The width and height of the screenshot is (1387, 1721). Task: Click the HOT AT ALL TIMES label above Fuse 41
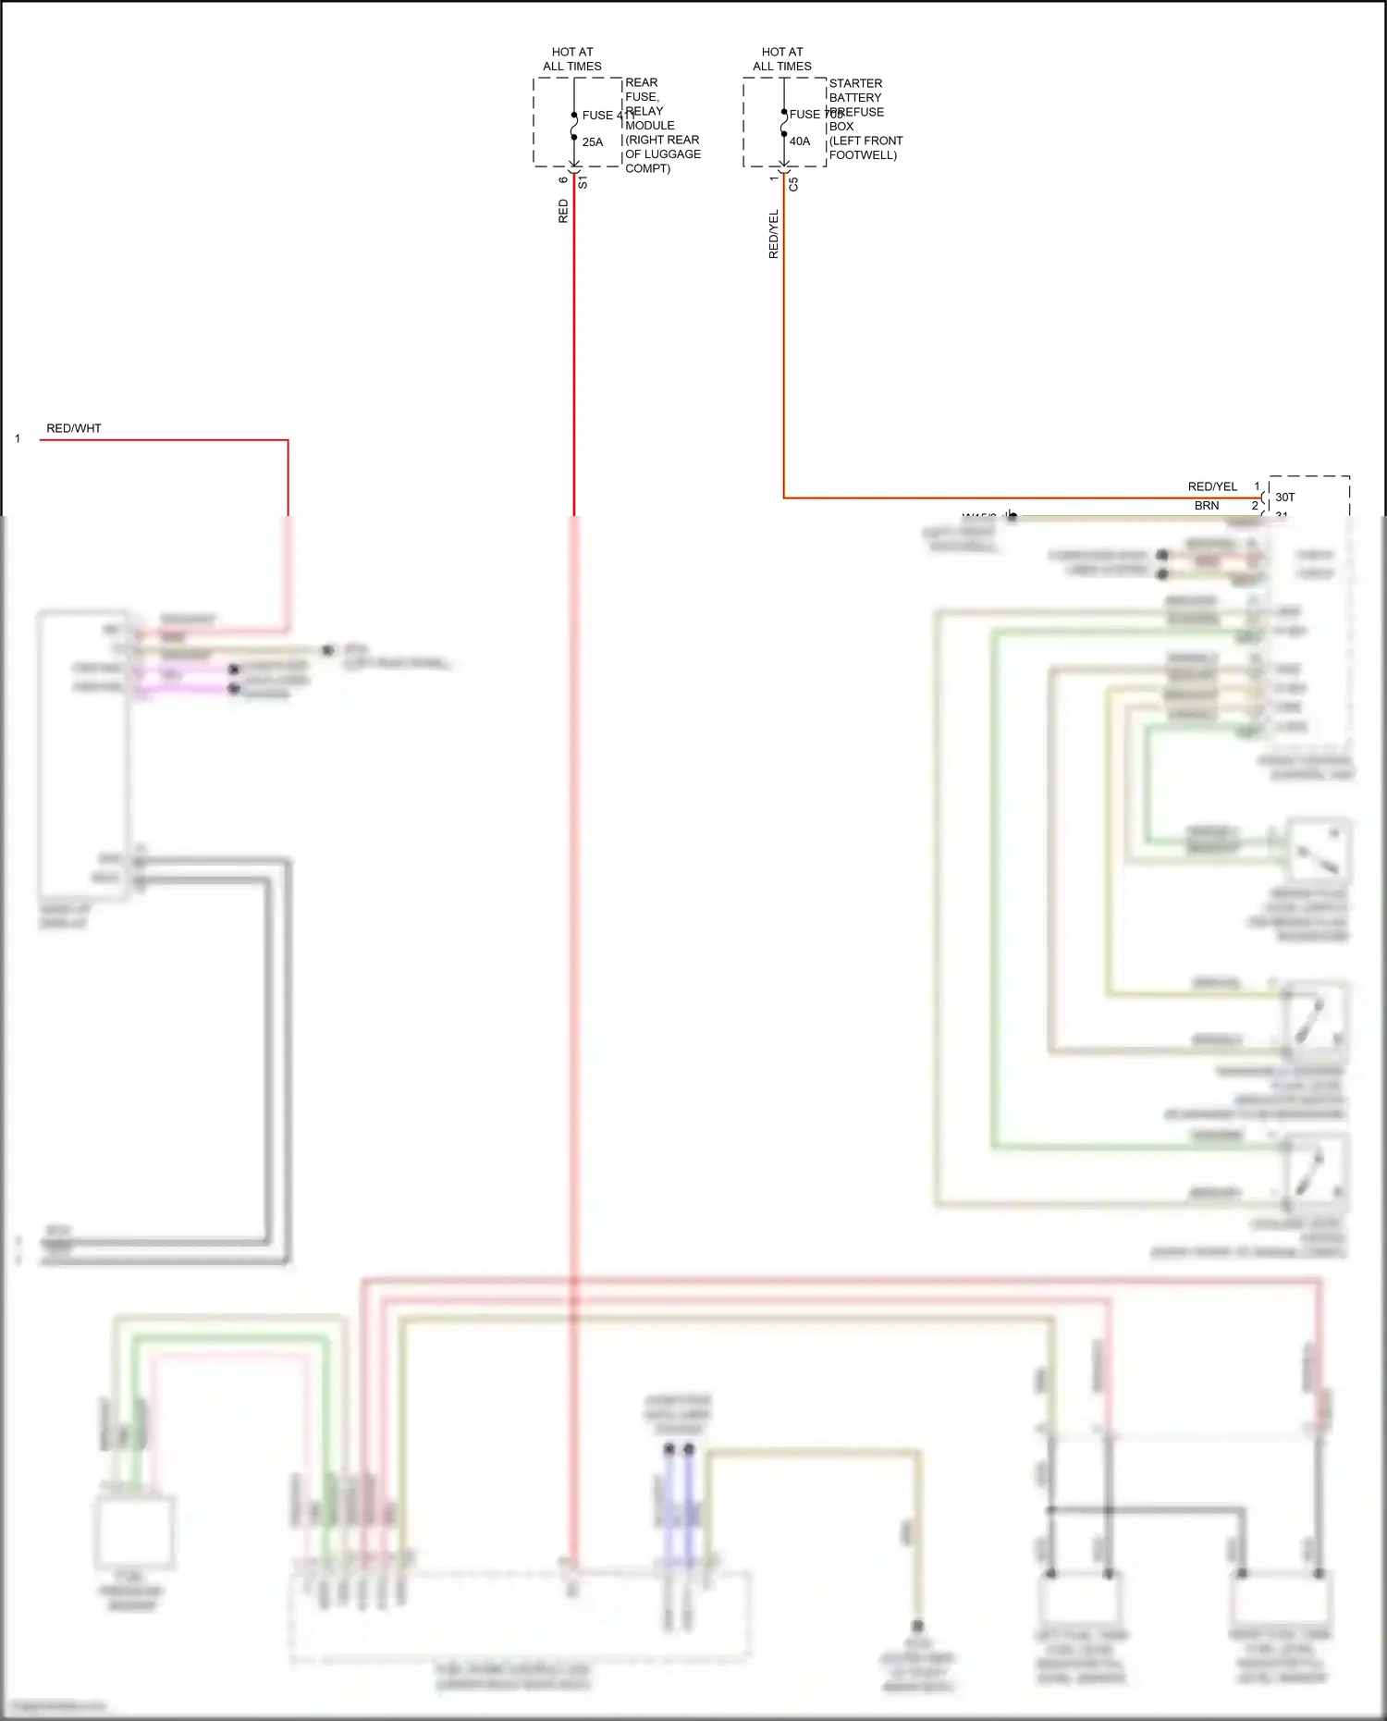point(571,59)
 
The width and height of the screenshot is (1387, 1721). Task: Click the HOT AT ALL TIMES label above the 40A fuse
point(781,59)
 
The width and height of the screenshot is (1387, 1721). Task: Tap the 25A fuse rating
point(593,142)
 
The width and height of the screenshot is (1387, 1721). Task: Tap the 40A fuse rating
point(800,141)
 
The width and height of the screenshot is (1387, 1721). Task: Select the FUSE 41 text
point(600,116)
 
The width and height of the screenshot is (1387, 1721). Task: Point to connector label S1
point(583,183)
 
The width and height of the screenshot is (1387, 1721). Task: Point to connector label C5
point(793,184)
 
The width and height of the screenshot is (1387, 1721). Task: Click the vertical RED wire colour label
point(563,212)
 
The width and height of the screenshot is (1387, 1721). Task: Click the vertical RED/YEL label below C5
point(774,234)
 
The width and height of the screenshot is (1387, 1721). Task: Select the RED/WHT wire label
point(74,428)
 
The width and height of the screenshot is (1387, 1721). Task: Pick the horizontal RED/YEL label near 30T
point(1212,486)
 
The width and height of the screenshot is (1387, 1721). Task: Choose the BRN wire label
point(1207,506)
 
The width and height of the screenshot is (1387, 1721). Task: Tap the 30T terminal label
point(1285,498)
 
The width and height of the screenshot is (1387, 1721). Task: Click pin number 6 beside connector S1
point(563,179)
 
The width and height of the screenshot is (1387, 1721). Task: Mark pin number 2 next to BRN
point(1255,506)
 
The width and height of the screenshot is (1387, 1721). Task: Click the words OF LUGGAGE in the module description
point(663,154)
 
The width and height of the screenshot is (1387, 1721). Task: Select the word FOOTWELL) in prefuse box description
point(863,155)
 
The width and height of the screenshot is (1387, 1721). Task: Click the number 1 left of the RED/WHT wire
point(18,439)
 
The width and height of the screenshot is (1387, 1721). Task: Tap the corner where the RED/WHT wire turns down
point(288,441)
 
